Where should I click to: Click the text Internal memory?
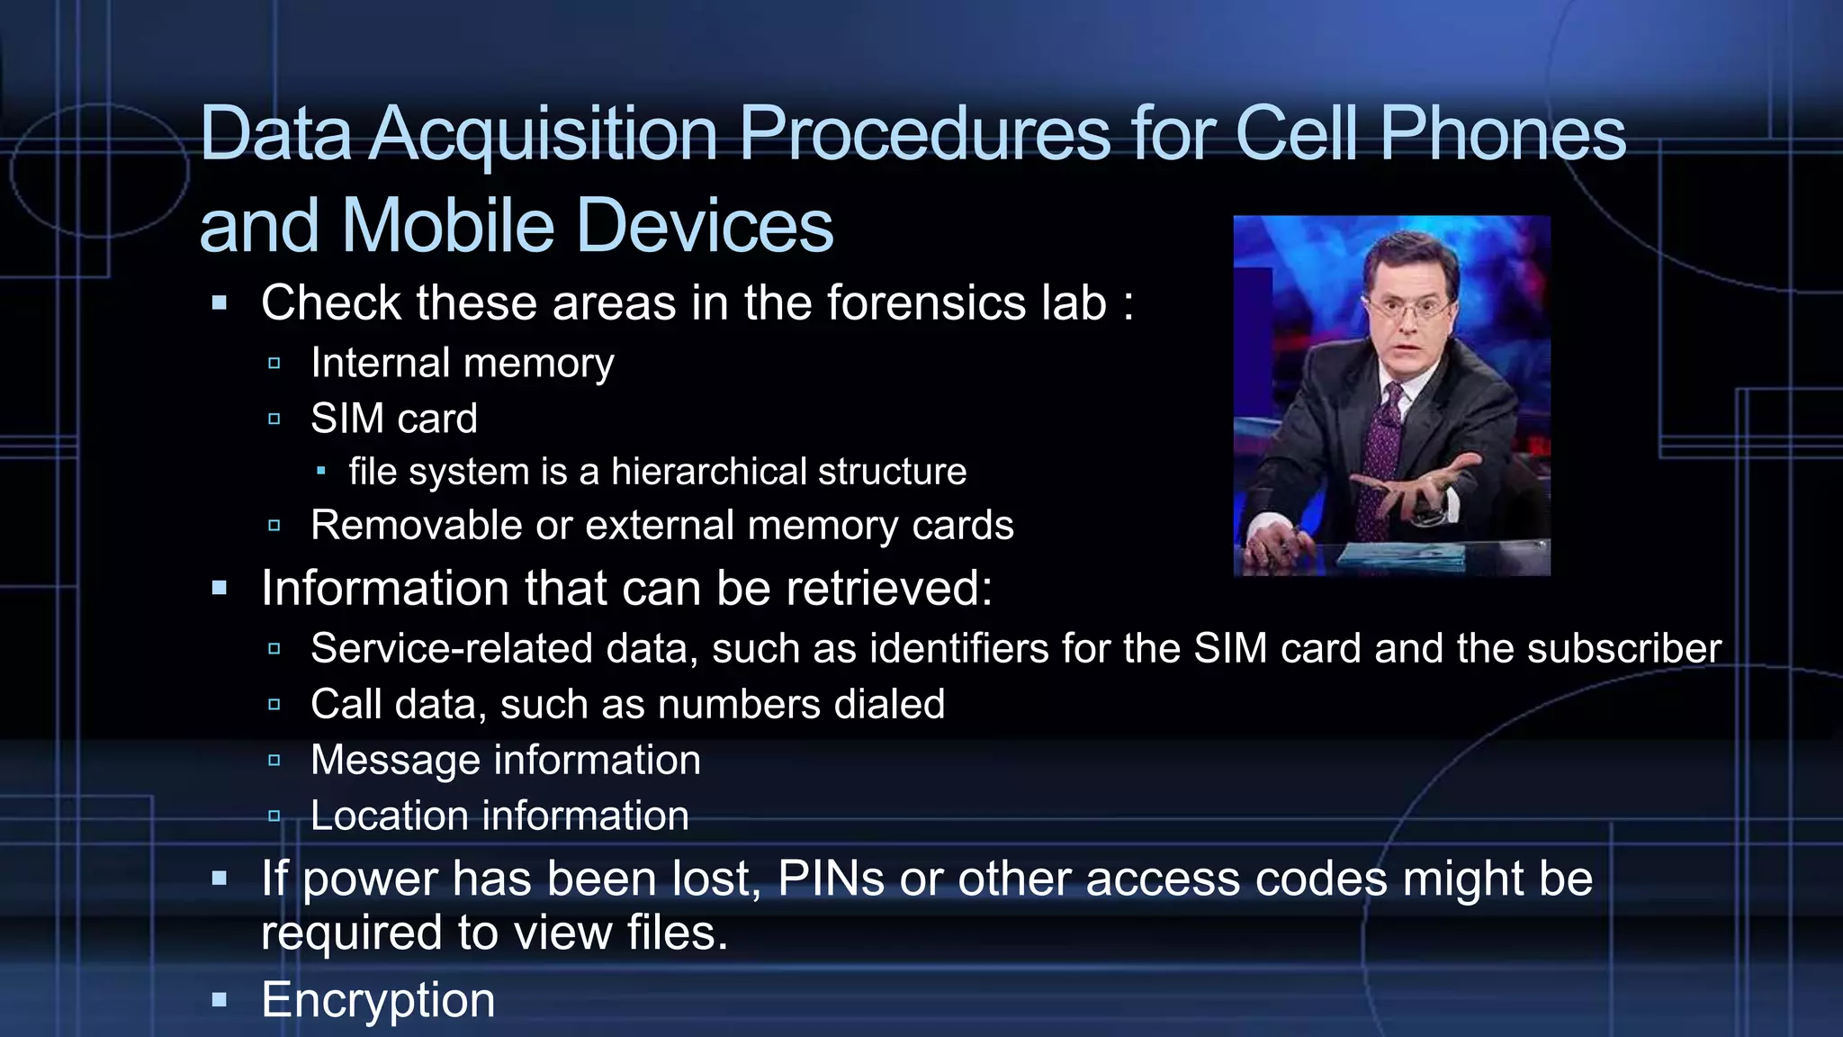coord(462,363)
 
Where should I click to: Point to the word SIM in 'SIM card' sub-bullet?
coord(346,419)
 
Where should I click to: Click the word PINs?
coord(831,879)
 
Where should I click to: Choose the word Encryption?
coord(378,1000)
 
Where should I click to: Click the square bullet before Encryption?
coord(220,999)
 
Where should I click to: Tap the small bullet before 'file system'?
coord(321,471)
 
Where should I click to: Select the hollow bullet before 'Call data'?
coord(274,704)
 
